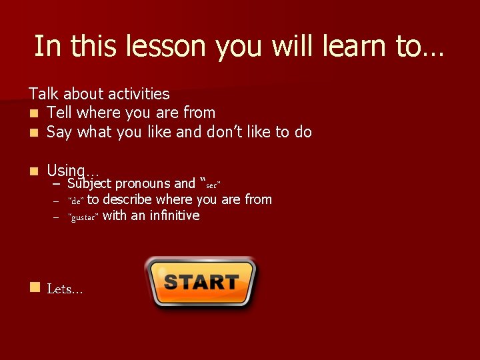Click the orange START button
(x=201, y=282)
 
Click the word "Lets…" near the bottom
(x=65, y=289)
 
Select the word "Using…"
(x=72, y=171)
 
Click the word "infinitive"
(x=175, y=215)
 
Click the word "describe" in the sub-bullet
(x=127, y=199)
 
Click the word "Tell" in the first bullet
(x=59, y=113)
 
